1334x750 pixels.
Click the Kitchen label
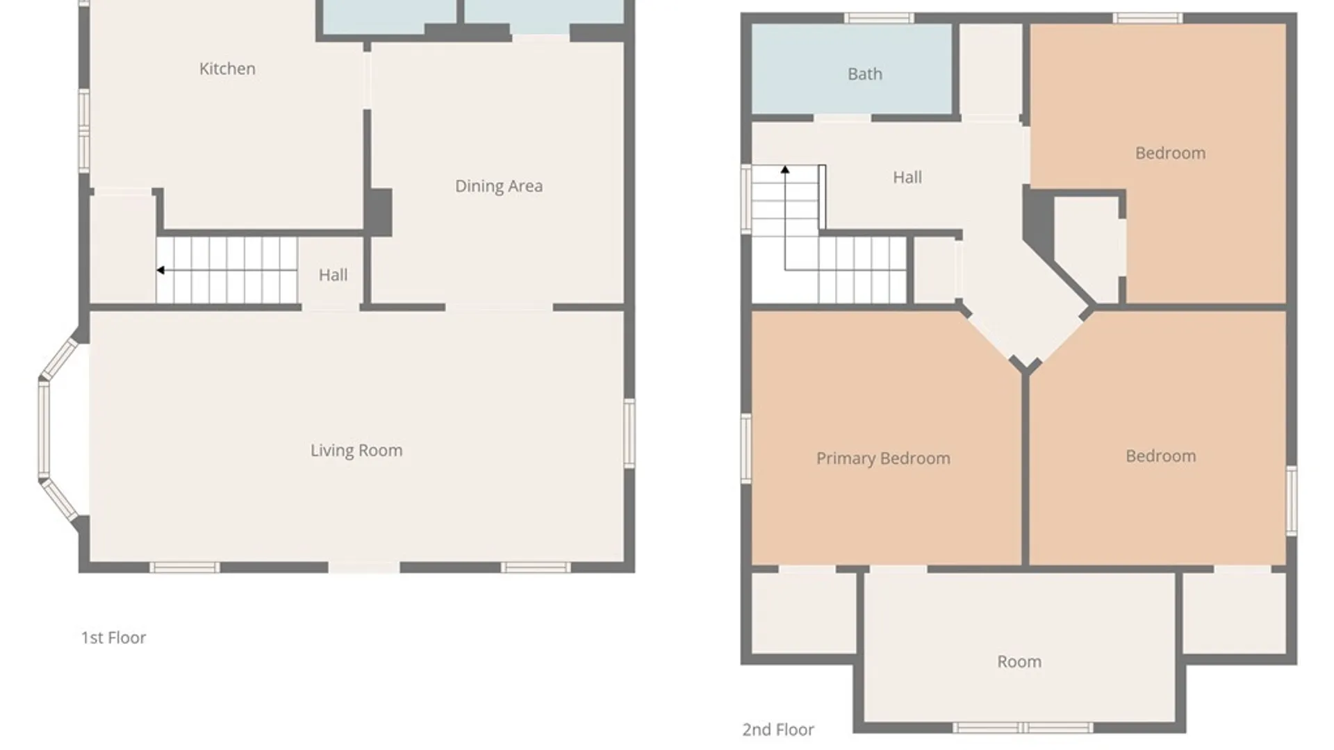point(227,69)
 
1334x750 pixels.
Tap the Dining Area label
point(499,186)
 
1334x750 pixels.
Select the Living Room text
point(356,451)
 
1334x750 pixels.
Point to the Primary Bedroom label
point(883,458)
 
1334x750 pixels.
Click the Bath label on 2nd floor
point(865,74)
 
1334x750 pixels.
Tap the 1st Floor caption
point(113,637)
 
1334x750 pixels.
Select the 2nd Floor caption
point(778,730)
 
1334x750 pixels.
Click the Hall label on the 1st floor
point(333,275)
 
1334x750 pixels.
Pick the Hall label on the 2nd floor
point(907,178)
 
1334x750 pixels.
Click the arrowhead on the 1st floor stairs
point(160,270)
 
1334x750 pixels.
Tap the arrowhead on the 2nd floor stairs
point(785,169)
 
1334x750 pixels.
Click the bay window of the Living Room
point(44,429)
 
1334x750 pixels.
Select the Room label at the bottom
point(1019,662)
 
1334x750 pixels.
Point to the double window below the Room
point(1022,728)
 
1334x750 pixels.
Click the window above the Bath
point(878,18)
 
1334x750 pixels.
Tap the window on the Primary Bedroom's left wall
point(746,448)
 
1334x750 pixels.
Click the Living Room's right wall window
point(629,433)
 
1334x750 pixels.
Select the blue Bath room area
point(852,69)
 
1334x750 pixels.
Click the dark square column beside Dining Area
point(379,212)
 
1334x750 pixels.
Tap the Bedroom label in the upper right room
point(1170,153)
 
